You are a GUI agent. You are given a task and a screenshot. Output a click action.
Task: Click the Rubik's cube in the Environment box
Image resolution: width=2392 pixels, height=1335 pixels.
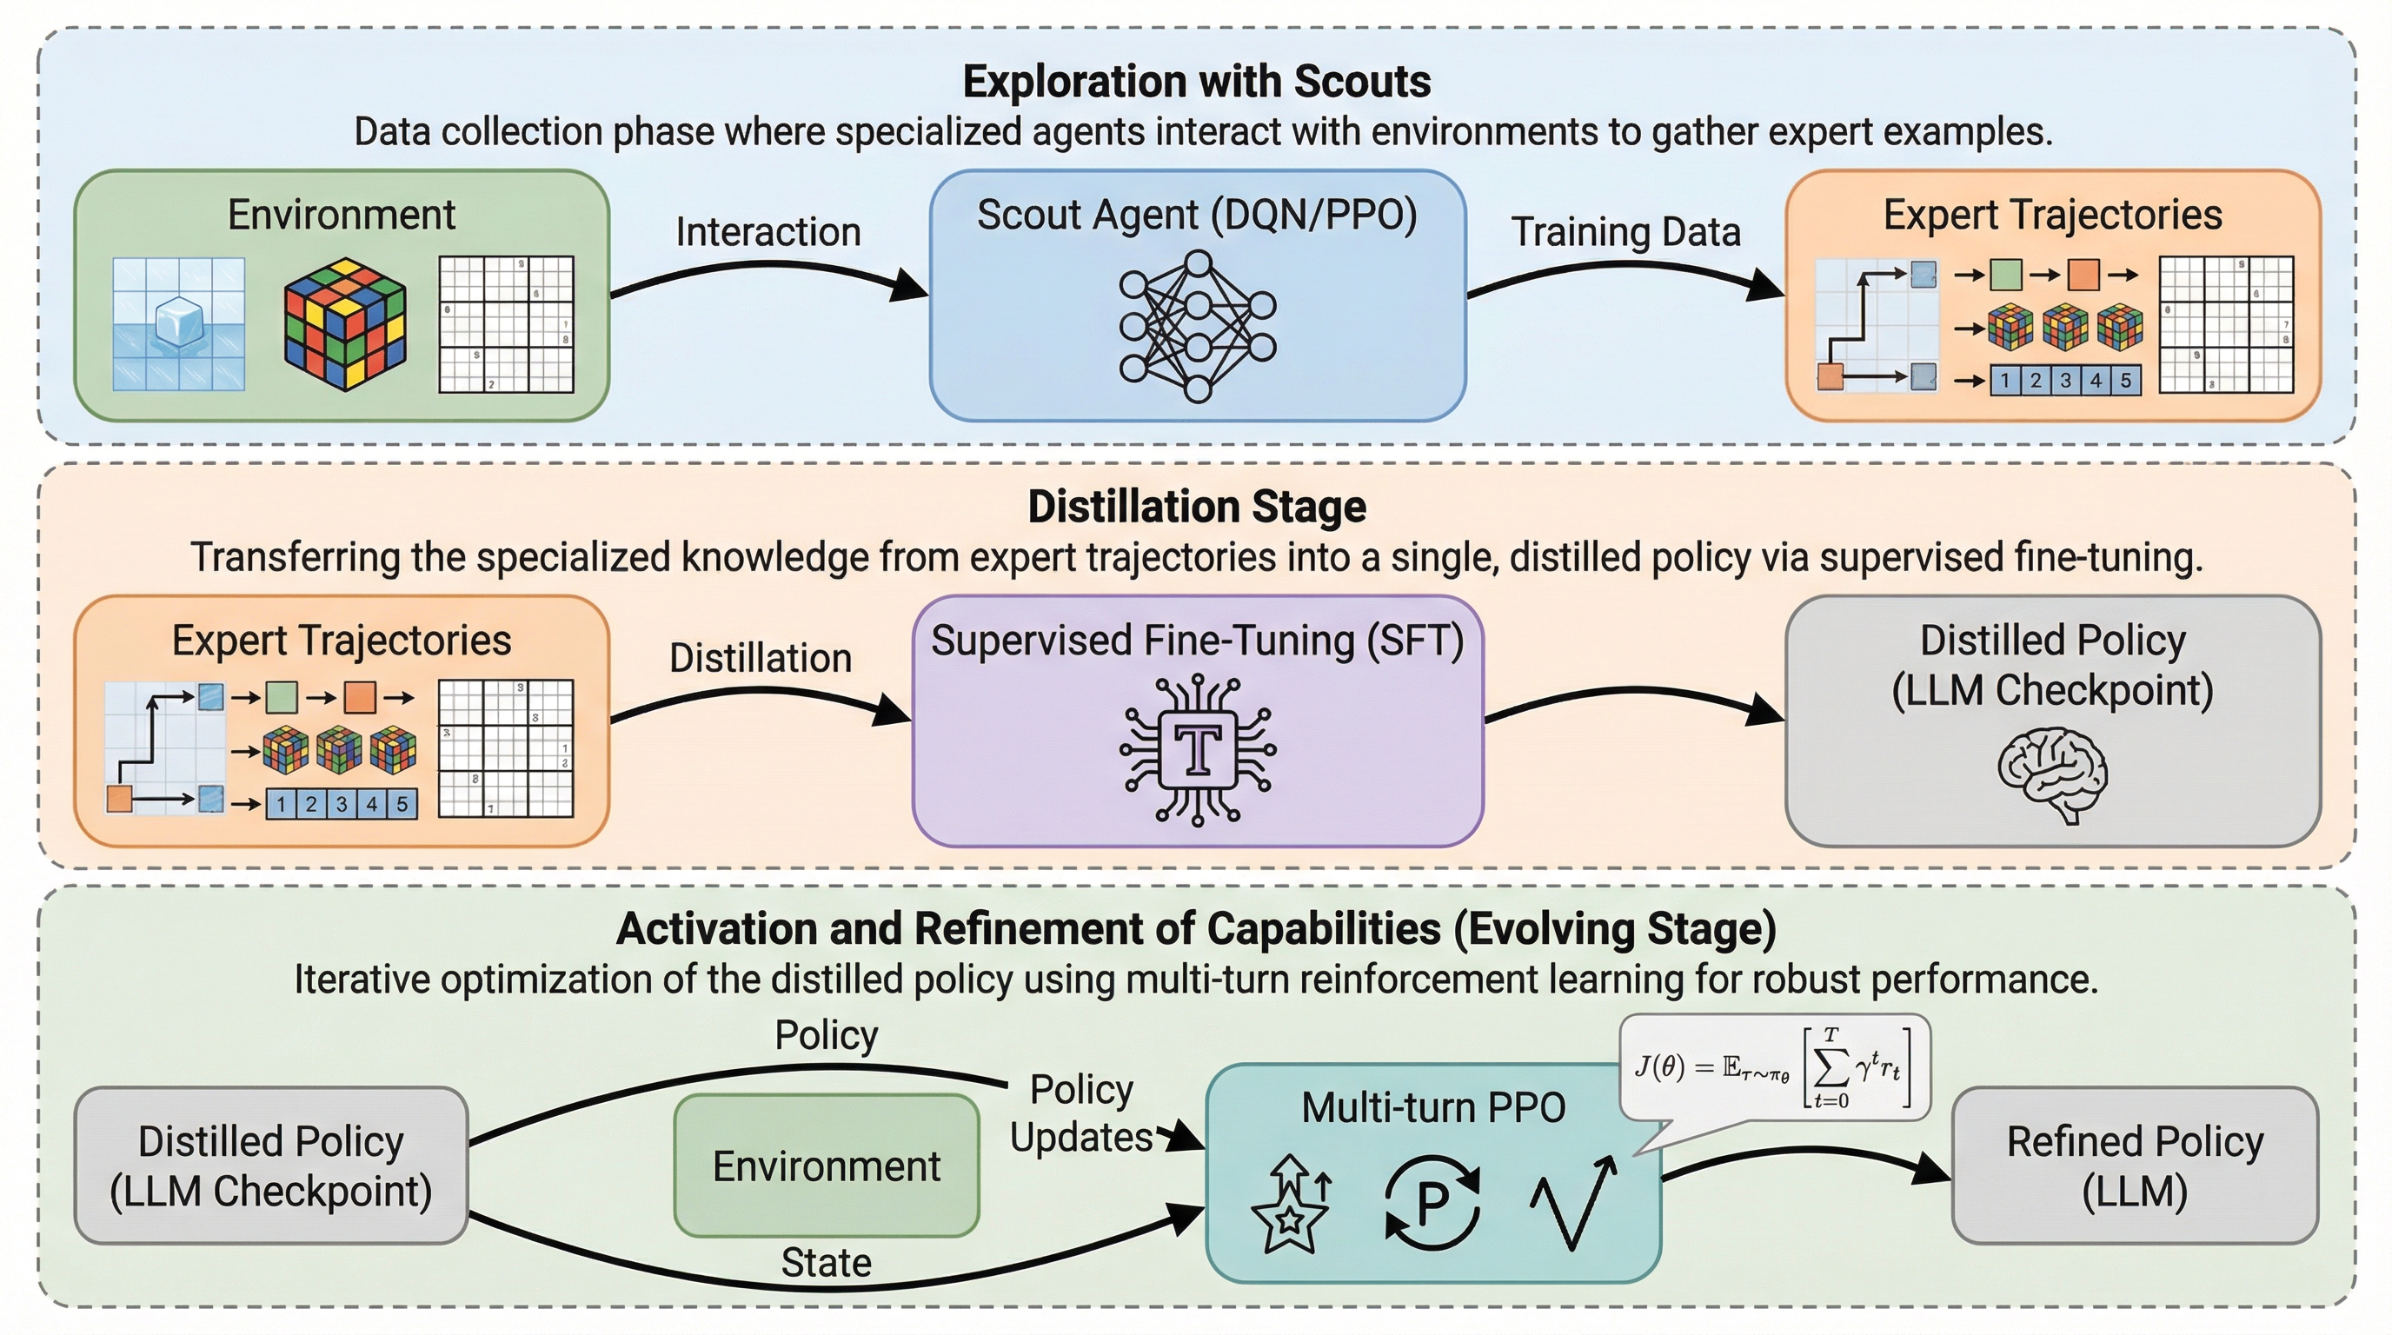click(344, 324)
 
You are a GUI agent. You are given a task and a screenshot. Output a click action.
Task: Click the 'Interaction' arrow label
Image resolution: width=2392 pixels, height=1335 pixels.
click(768, 232)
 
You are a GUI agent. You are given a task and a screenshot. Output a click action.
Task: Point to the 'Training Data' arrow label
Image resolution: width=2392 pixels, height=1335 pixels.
click(1626, 232)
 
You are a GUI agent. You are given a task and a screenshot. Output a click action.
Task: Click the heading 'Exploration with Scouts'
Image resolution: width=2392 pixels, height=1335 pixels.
click(1196, 82)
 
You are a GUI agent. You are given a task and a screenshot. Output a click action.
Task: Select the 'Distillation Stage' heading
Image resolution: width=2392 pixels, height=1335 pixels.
click(1196, 507)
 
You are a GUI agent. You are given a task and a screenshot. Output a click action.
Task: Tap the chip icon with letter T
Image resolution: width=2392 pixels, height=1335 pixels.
click(1197, 750)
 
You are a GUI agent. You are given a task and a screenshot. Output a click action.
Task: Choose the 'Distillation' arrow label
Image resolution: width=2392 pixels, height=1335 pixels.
click(761, 658)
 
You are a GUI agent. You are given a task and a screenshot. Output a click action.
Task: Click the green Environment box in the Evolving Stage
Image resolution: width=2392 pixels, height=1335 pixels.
click(827, 1166)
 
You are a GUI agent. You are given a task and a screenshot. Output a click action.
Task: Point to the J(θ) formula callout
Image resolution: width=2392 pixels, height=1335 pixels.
click(1773, 1067)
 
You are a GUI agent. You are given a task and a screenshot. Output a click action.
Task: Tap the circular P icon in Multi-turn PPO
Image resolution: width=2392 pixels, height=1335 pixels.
click(1432, 1203)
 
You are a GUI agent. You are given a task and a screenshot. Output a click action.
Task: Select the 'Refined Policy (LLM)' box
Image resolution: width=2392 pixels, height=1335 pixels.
click(2135, 1166)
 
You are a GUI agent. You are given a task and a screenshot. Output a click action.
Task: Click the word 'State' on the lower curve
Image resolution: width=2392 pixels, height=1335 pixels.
click(827, 1264)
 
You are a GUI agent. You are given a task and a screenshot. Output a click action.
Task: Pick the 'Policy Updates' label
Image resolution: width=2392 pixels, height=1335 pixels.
click(1081, 1113)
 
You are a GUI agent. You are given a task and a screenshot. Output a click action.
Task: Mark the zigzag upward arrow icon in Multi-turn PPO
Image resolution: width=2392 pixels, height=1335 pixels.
click(1573, 1201)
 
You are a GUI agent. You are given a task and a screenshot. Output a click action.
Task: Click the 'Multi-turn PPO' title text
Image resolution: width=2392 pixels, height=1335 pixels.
click(1432, 1107)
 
